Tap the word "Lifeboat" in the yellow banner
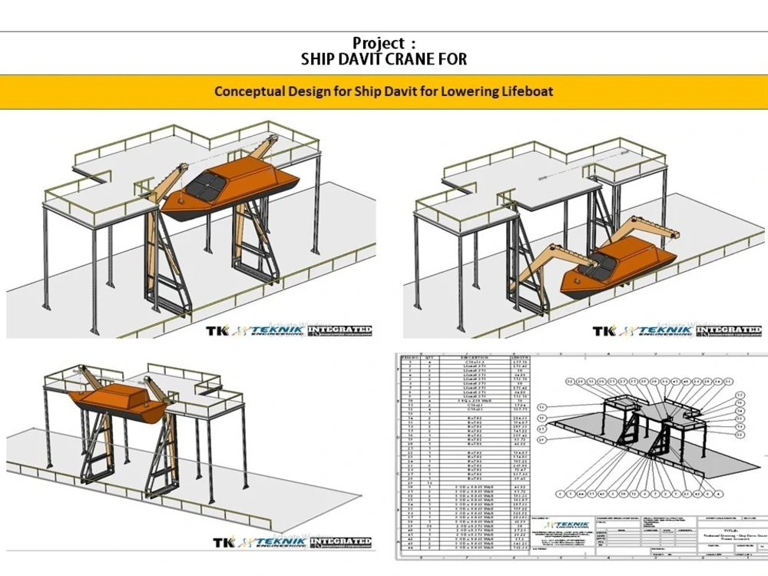526,91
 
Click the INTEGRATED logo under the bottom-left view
339,542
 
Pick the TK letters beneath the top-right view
603,331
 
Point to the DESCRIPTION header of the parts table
473,357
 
